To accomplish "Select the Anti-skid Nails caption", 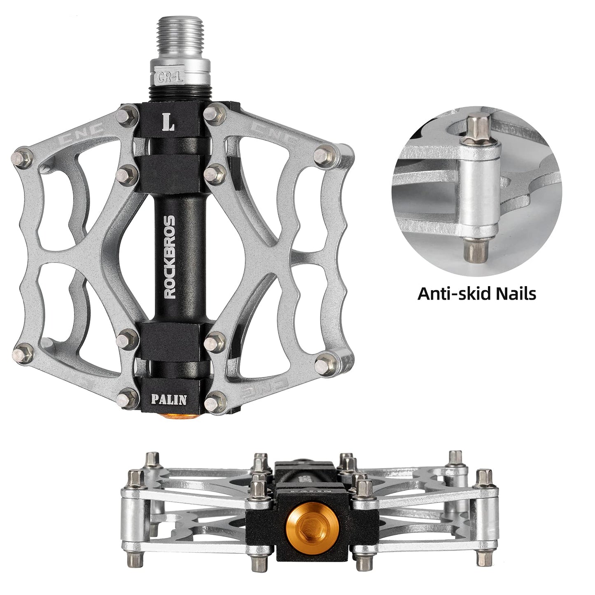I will [477, 294].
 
